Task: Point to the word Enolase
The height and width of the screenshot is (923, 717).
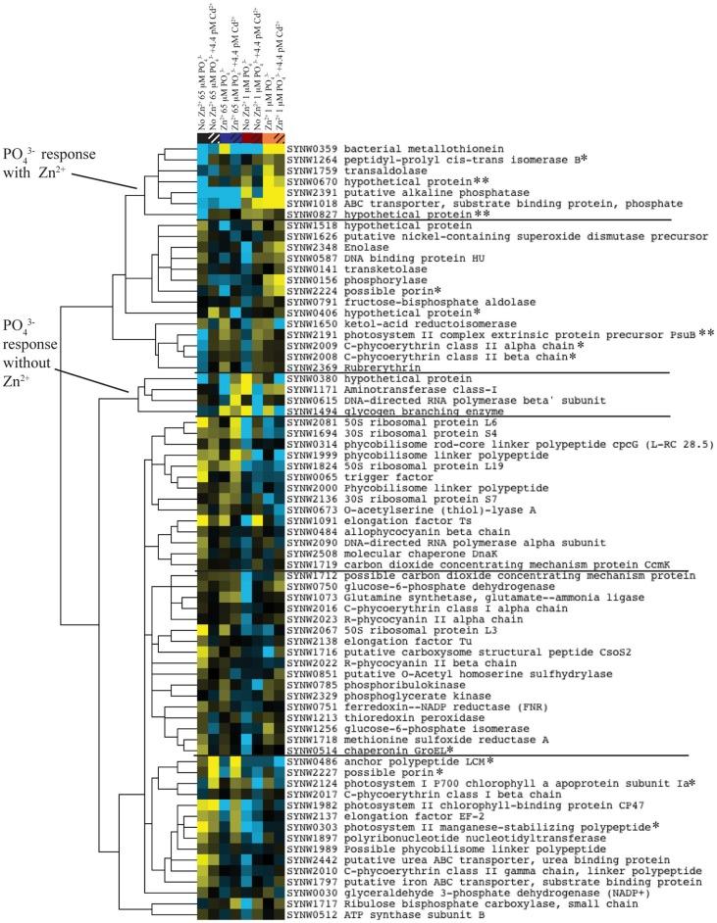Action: [x=362, y=250]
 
